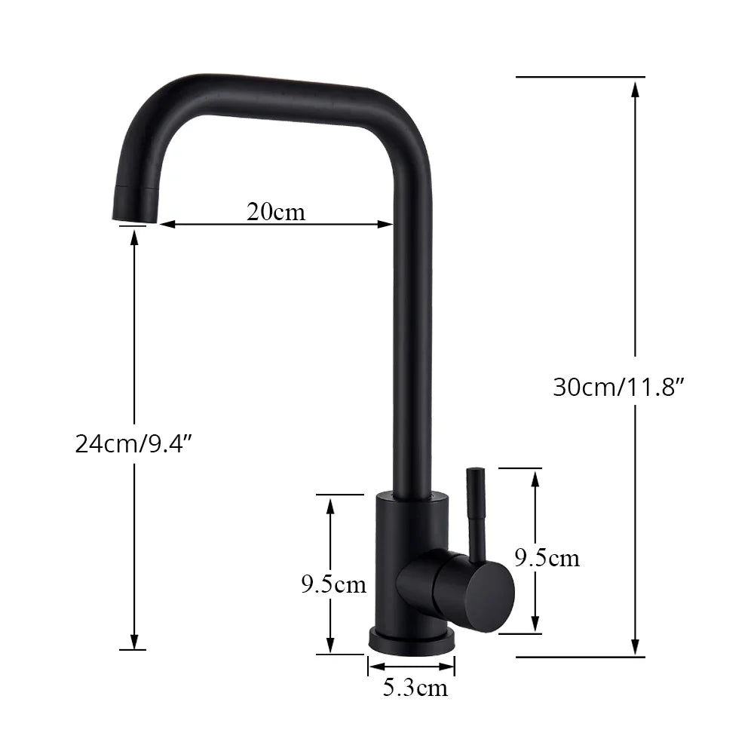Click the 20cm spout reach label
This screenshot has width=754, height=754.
click(x=276, y=212)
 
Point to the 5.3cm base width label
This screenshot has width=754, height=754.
click(x=415, y=687)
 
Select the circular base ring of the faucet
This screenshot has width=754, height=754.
click(x=412, y=640)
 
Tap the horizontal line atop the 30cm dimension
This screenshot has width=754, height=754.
click(x=581, y=77)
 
